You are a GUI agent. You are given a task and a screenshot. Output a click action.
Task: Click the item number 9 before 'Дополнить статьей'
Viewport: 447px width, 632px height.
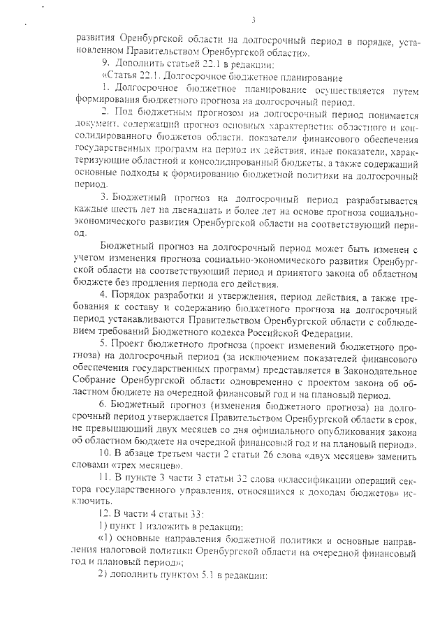click(x=105, y=64)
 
